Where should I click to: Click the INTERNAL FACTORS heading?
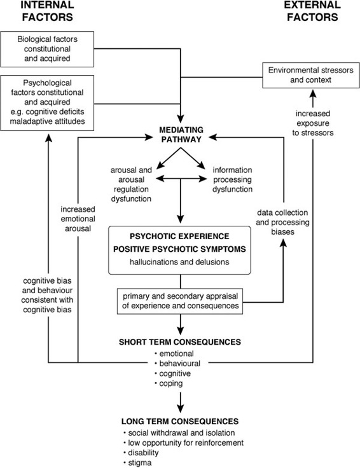(x=47, y=11)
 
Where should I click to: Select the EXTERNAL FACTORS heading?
(x=312, y=11)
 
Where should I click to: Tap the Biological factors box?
(x=47, y=49)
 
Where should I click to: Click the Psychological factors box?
(x=47, y=102)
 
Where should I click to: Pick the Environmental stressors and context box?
(x=311, y=75)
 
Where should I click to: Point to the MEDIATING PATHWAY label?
(x=181, y=135)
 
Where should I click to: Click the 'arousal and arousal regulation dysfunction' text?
(x=132, y=184)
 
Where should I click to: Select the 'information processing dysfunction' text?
(x=232, y=180)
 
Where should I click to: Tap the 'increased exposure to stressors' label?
(x=313, y=123)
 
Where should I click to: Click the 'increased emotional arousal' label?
(x=78, y=219)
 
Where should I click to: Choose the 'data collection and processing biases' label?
(x=282, y=223)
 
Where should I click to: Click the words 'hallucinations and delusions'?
(x=179, y=262)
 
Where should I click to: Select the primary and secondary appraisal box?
(x=180, y=301)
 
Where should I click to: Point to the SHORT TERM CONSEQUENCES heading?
(x=180, y=341)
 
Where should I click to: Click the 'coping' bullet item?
(x=169, y=383)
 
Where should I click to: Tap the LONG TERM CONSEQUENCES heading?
(x=180, y=421)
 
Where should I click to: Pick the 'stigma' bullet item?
(x=137, y=463)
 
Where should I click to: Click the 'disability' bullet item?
(x=141, y=453)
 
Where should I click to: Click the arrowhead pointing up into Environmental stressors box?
(x=312, y=95)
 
